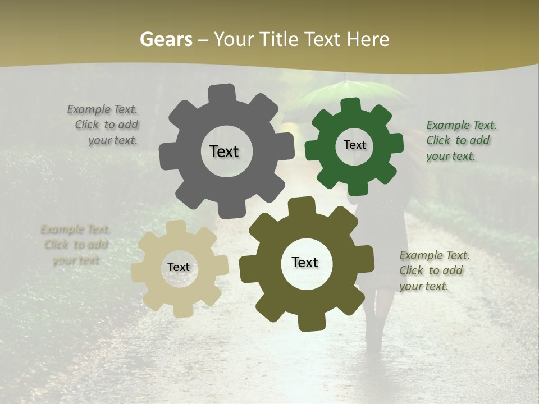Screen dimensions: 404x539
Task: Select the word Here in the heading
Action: tap(368, 39)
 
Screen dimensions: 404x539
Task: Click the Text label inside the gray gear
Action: tap(224, 151)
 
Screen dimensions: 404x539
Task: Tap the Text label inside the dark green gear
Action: tap(354, 145)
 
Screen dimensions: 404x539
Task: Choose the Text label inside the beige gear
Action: tap(179, 267)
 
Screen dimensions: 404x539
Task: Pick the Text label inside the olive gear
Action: tap(305, 262)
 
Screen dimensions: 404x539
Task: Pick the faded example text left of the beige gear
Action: tap(75, 245)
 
